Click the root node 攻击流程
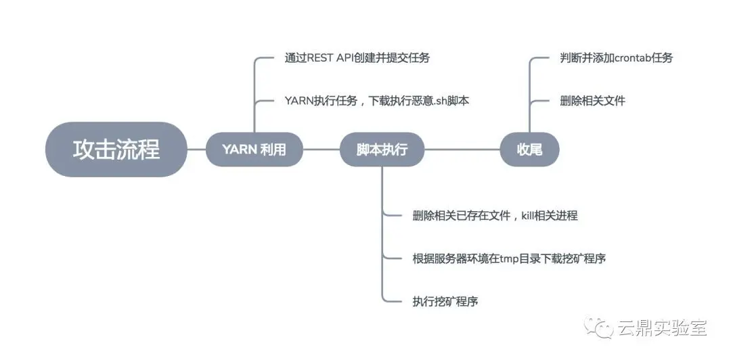coord(116,149)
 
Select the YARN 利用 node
coord(254,150)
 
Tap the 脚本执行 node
coord(382,150)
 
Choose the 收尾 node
coord(529,150)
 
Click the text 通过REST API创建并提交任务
coord(357,58)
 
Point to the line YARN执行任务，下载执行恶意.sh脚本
coord(376,101)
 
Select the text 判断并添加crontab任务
coord(617,58)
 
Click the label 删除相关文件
coord(592,101)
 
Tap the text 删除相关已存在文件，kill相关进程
coord(495,216)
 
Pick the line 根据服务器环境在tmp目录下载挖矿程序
coord(508,258)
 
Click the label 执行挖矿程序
coord(445,302)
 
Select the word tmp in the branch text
coord(509,258)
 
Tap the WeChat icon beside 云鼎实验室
coord(600,328)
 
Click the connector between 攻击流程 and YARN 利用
coord(196,150)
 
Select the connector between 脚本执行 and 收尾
coord(462,150)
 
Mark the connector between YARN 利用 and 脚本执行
coord(321,150)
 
